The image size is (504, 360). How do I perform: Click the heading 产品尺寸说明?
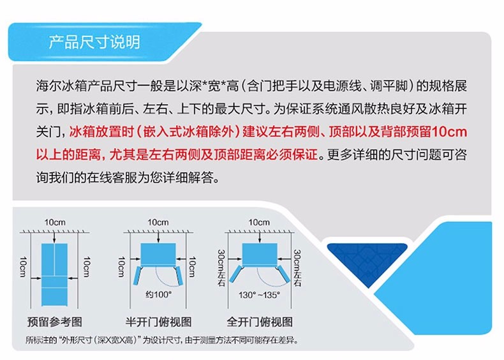[x=94, y=42]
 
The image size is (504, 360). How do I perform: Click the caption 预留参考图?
[x=55, y=322]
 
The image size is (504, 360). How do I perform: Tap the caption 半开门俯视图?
[x=158, y=322]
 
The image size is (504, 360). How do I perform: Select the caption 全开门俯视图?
[x=260, y=322]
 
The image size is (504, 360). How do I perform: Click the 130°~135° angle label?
[x=259, y=295]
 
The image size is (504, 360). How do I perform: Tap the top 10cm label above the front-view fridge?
[x=55, y=222]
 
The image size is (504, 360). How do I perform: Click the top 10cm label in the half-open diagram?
[x=158, y=222]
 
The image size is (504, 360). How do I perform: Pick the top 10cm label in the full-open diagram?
[x=259, y=222]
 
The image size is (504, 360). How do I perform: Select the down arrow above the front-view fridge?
[x=54, y=237]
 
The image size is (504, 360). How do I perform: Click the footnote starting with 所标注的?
[x=161, y=340]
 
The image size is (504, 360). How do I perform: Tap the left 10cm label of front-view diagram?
[x=23, y=267]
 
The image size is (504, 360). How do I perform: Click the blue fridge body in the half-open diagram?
[x=158, y=254]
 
